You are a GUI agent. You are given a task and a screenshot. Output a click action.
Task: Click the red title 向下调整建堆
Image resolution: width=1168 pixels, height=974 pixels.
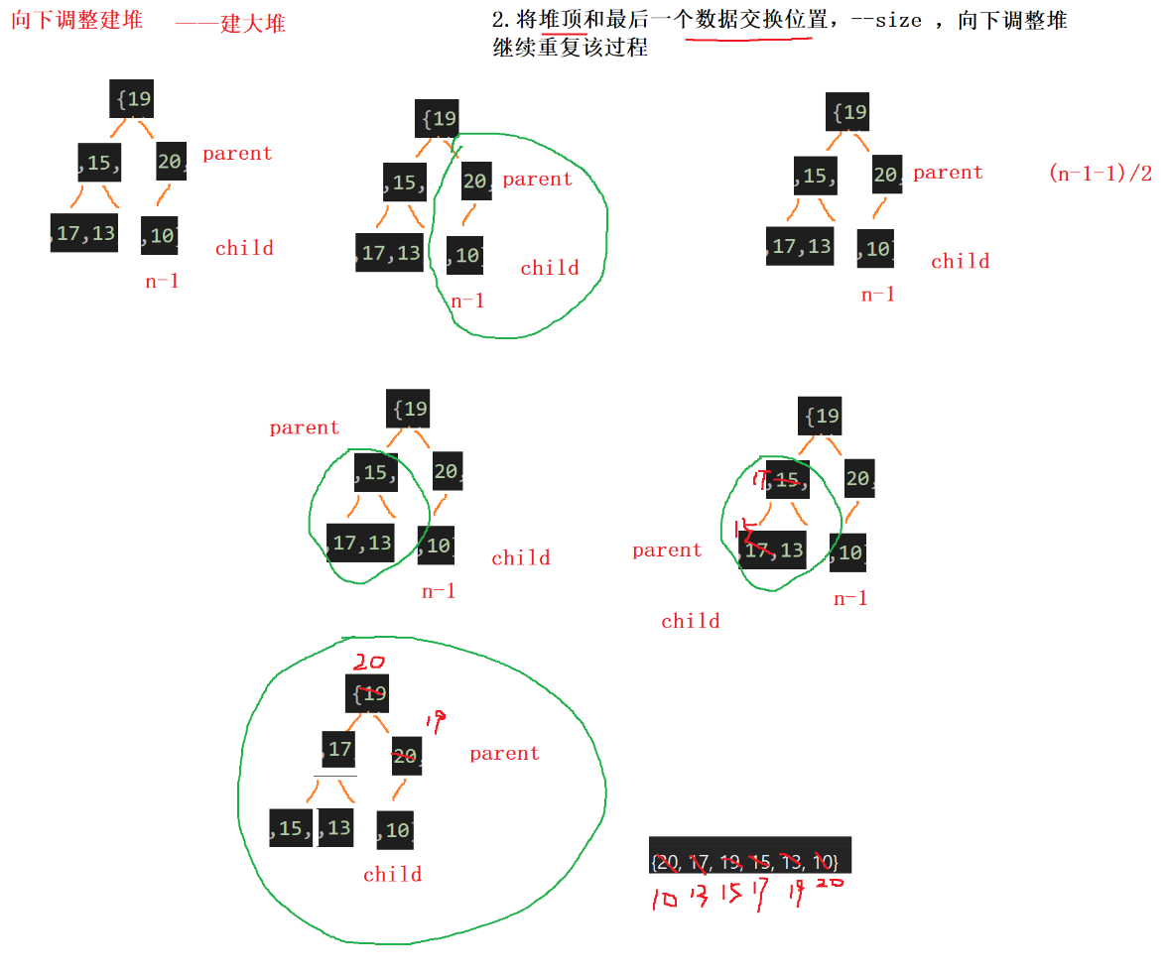coord(76,20)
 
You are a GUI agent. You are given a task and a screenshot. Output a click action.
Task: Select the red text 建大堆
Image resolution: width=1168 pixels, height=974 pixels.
coord(252,23)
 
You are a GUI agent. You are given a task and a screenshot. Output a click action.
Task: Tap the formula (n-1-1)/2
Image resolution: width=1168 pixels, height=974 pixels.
coord(1100,174)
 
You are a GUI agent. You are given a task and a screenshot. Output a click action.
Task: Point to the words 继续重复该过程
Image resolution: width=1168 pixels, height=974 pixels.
coord(570,48)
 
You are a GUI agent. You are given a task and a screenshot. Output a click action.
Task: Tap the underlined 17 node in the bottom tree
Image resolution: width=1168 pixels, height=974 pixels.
coord(338,749)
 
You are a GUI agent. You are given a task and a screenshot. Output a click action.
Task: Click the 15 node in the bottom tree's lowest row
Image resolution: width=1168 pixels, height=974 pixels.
coord(291,828)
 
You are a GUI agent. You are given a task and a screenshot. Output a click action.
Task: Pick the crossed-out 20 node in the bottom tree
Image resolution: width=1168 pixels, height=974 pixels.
coord(406,757)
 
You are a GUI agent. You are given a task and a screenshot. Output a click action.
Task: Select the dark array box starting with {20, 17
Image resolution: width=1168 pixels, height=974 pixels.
coord(750,854)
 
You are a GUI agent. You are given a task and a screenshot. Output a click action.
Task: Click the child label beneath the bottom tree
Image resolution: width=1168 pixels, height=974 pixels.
coord(392,874)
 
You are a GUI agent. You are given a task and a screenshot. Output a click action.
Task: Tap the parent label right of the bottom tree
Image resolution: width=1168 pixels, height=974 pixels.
coord(504,754)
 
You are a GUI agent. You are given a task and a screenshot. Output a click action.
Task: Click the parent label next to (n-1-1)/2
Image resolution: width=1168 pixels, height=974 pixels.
coord(948,173)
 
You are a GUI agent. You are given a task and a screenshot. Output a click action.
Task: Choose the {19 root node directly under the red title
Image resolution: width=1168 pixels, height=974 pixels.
coord(131,99)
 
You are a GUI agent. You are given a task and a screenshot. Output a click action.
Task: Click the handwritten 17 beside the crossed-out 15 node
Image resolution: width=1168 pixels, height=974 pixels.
coord(761,481)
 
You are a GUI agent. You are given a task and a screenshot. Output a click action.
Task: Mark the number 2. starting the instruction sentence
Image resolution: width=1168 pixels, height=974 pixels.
coord(502,21)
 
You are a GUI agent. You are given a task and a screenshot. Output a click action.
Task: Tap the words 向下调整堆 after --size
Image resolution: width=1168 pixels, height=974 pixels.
coord(1012,21)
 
